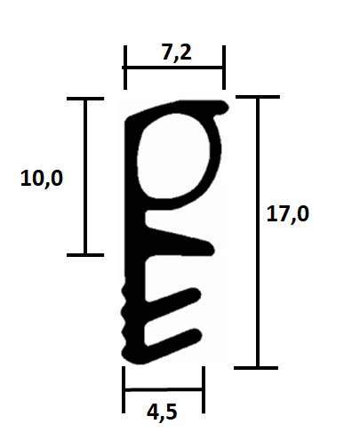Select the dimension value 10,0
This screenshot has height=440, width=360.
coord(42,179)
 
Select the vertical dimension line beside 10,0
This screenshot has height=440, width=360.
coord(85,178)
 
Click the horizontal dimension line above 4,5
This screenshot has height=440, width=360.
coord(164,389)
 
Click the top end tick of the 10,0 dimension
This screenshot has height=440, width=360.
coord(85,100)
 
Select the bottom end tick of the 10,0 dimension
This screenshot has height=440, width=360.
coord(85,255)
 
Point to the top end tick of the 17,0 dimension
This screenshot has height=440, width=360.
coord(257,98)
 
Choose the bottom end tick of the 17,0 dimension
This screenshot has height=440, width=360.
coord(257,366)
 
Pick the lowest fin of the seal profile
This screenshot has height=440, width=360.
coord(173,339)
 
